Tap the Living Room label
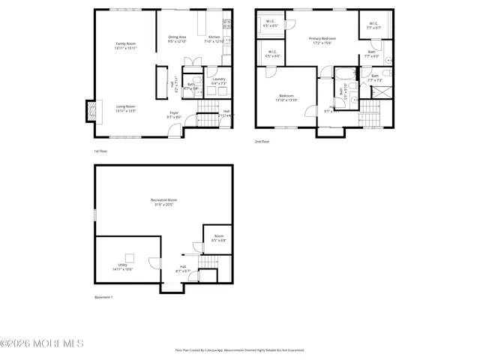[125, 108]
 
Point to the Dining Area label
[177, 38]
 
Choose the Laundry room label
[218, 81]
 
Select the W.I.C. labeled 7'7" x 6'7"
[373, 25]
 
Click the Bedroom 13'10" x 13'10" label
[286, 97]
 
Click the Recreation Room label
[163, 202]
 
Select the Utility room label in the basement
[122, 266]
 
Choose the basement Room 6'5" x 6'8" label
[217, 238]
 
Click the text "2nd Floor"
[262, 141]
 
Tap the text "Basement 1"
[103, 297]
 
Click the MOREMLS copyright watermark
[42, 344]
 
